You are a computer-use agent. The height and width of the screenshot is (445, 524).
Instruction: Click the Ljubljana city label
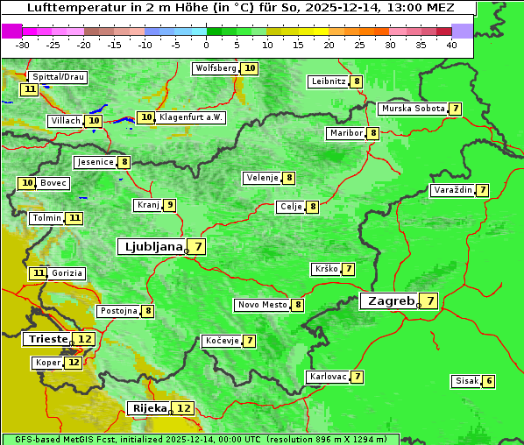151,247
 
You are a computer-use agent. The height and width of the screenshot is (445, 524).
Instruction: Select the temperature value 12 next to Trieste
84,339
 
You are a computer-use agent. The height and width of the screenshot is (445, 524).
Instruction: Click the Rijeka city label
148,408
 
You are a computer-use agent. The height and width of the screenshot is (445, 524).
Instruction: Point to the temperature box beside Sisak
489,381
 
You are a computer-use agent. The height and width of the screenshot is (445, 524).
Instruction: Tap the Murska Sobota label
412,109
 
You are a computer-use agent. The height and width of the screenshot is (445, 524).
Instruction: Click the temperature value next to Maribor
373,133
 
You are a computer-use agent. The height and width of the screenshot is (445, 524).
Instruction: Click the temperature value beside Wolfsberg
250,68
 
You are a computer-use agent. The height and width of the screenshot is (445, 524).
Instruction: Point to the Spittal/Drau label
59,77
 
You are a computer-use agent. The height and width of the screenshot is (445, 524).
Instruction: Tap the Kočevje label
221,341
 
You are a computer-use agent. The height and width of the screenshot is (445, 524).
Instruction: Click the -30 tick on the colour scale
23,44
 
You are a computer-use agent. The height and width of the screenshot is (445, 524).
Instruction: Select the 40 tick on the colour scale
451,44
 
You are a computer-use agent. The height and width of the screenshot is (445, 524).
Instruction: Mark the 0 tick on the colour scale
206,44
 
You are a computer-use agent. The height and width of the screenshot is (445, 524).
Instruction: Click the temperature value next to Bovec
27,183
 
